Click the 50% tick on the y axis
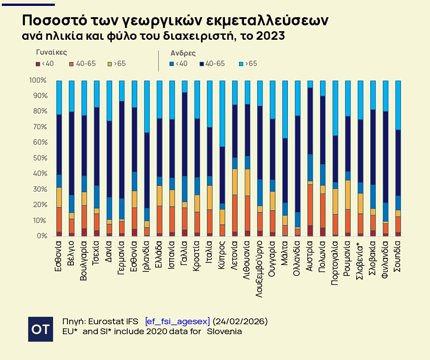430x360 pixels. pyautogui.click(x=38, y=158)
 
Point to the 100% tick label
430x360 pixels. pyautogui.click(x=38, y=81)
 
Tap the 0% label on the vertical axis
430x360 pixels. pyautogui.click(x=41, y=236)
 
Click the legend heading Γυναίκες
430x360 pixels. pyautogui.click(x=51, y=52)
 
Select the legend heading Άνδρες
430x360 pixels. pyautogui.click(x=183, y=53)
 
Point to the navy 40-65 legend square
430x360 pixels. pyautogui.click(x=201, y=64)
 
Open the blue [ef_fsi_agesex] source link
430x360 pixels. pyautogui.click(x=177, y=322)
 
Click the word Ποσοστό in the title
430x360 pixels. pyautogui.click(x=50, y=20)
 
